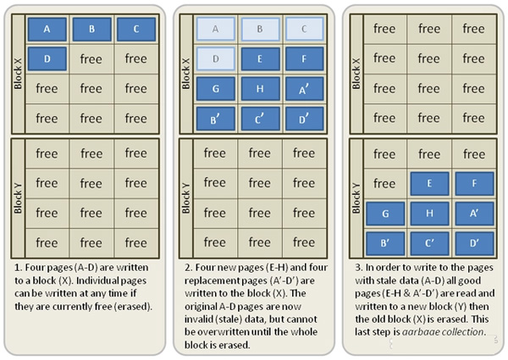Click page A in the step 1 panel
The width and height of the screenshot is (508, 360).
[x=47, y=29]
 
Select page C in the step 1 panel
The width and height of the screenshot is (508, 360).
[x=136, y=29]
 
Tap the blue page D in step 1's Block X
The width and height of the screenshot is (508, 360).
[x=47, y=58]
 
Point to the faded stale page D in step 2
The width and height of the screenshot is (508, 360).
[x=215, y=58]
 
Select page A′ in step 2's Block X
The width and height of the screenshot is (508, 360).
[x=304, y=88]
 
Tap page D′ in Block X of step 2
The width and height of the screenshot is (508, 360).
[x=304, y=118]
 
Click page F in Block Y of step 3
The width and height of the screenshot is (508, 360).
[x=473, y=182]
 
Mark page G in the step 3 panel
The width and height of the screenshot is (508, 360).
[x=384, y=213]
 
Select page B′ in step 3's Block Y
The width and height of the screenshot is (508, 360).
[x=384, y=242]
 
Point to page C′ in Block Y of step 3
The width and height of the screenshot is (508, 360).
[x=428, y=242]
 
